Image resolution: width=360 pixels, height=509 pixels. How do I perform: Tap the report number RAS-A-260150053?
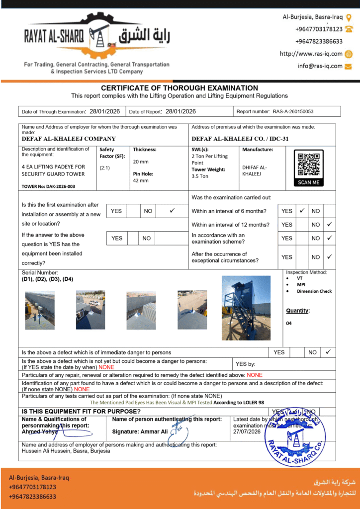point(293,112)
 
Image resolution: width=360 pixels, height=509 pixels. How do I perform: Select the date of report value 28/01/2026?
point(180,112)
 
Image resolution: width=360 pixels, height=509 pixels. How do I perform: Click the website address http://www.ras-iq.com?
point(311,54)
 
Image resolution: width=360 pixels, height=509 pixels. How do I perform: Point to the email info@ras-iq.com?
point(320,66)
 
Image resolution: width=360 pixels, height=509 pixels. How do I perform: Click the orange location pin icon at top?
point(349,17)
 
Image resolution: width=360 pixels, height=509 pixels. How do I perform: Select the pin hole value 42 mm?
point(140,180)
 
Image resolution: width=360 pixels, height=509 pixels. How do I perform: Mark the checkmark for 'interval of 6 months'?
point(302,211)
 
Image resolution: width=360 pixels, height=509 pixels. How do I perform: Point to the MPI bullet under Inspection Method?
point(301,285)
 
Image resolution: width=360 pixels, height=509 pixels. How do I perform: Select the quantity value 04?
point(289,323)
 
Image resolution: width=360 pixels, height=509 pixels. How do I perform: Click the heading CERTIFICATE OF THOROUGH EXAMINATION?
point(180,88)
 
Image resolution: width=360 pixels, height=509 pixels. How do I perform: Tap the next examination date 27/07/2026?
point(247,432)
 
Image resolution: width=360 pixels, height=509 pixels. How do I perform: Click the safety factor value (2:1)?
point(105,168)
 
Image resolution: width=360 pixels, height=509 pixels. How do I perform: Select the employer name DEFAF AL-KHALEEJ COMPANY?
point(69,139)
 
